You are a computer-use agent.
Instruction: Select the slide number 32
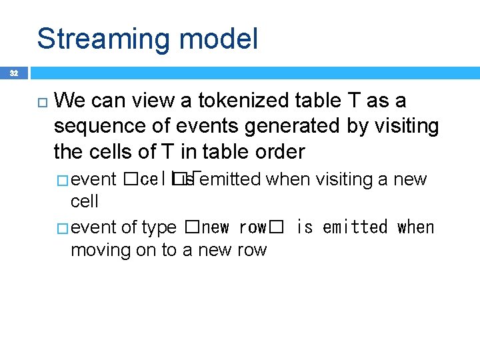pos(14,72)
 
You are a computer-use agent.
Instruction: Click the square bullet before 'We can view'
pos(41,102)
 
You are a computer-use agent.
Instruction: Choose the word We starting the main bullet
pos(69,101)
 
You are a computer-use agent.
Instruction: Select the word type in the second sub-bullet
pos(159,228)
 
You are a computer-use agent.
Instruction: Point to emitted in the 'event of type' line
pos(355,227)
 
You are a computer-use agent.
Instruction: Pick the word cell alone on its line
pos(84,201)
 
